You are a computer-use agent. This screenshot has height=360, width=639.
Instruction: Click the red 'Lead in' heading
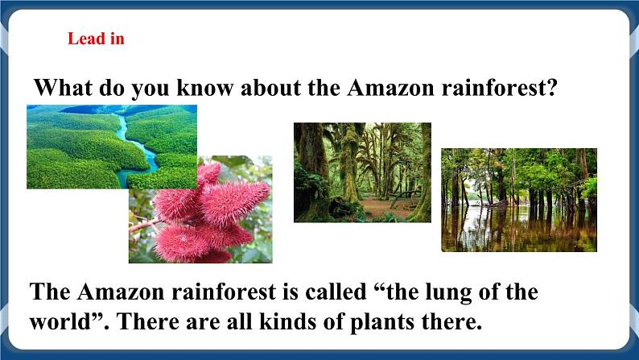pyautogui.click(x=96, y=39)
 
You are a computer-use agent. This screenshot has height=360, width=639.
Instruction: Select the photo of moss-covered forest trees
pyautogui.click(x=362, y=172)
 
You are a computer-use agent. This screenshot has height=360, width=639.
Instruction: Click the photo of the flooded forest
pyautogui.click(x=518, y=199)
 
